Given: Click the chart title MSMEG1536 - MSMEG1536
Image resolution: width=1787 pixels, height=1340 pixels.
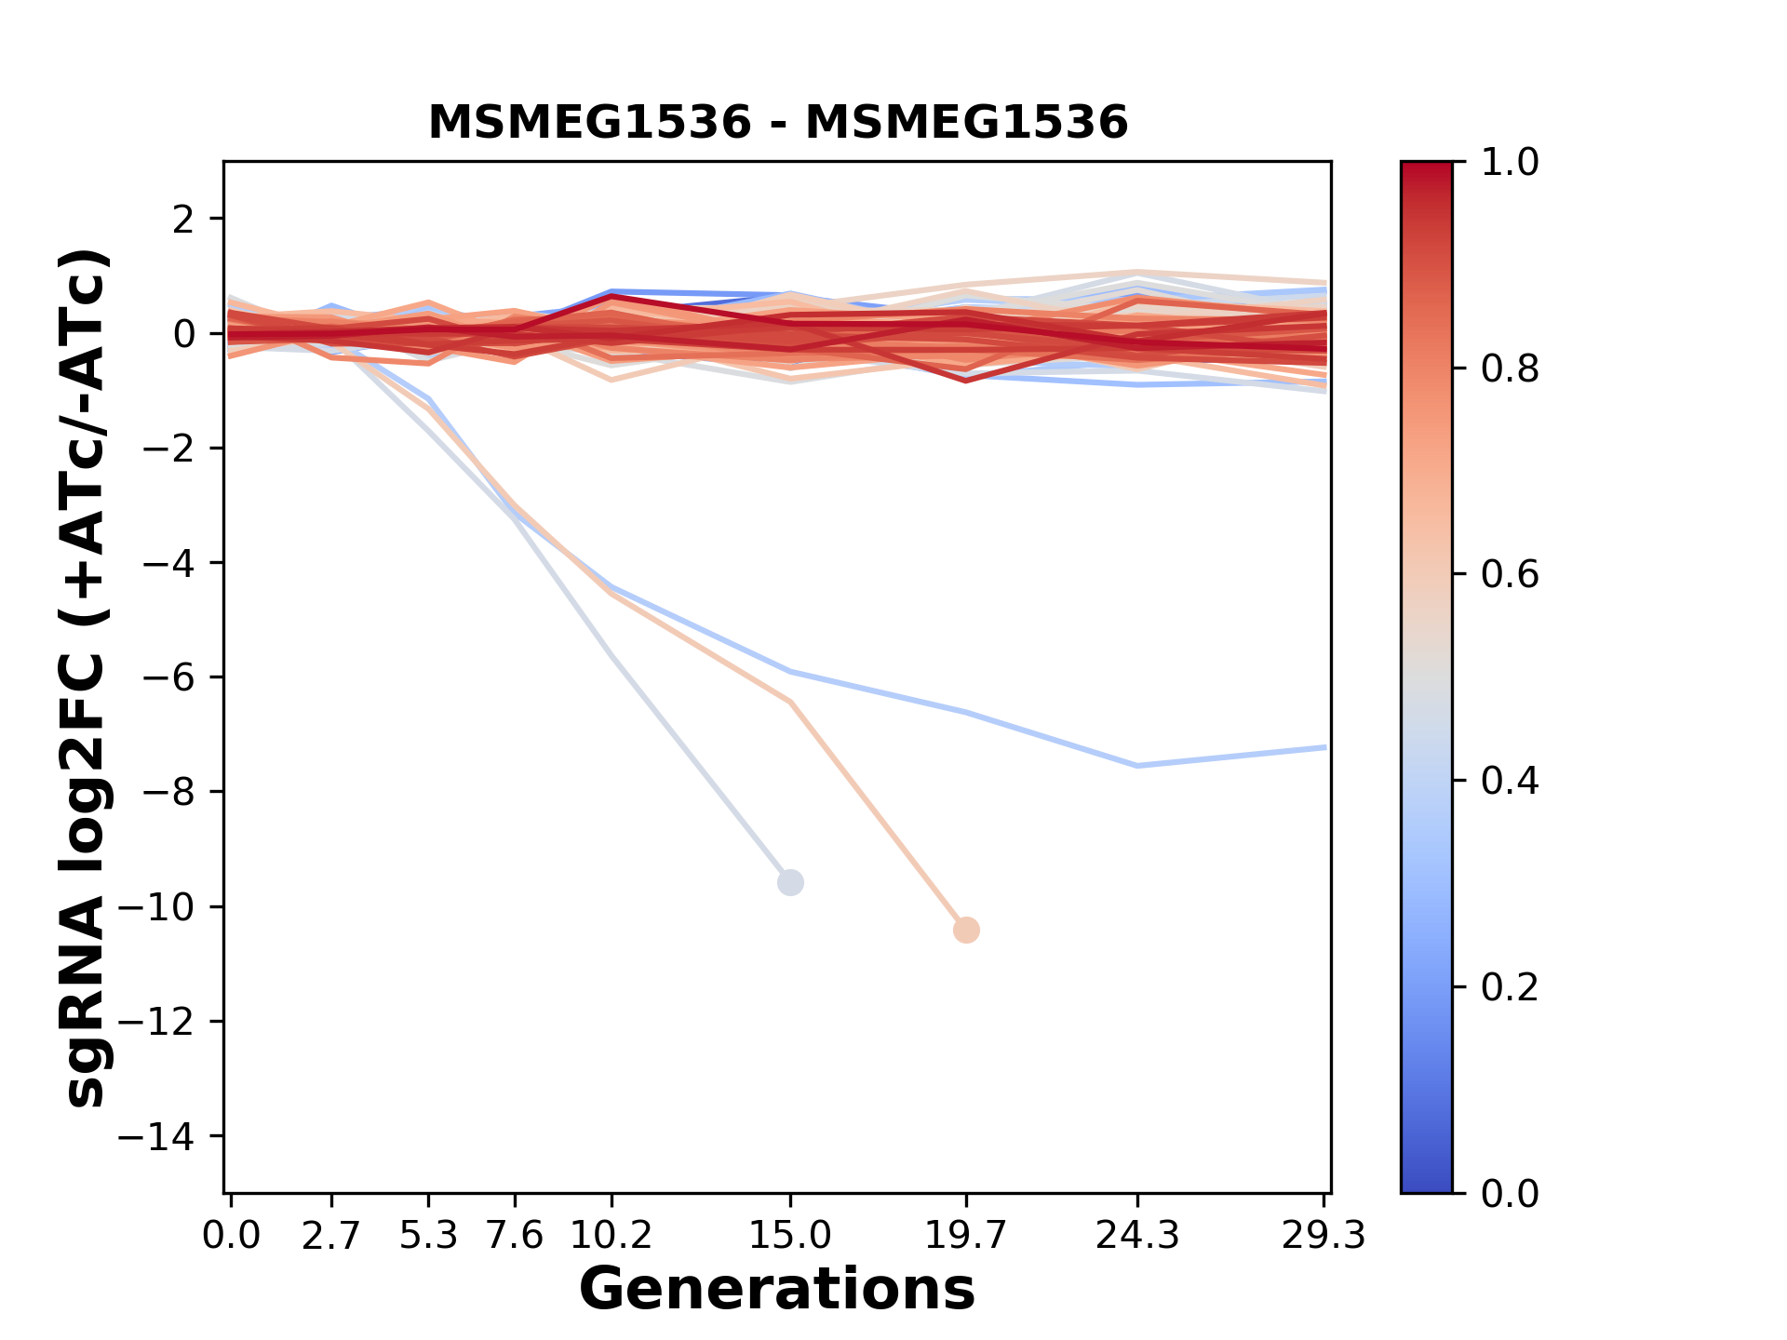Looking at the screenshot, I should (x=778, y=123).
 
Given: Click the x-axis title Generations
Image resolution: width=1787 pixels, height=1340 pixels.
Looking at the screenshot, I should (x=777, y=1290).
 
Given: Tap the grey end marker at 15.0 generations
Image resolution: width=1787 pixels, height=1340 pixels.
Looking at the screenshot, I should (x=790, y=882).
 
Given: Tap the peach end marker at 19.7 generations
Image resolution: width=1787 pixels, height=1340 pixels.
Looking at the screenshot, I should (x=966, y=930).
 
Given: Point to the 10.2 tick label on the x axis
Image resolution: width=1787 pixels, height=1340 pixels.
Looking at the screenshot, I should (x=611, y=1236).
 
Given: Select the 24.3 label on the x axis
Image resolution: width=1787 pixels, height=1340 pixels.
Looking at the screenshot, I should (x=1136, y=1236).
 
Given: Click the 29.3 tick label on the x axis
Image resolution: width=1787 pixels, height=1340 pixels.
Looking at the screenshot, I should (x=1323, y=1236).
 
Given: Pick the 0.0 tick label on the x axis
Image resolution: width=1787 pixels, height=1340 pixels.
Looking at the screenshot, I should (x=231, y=1236).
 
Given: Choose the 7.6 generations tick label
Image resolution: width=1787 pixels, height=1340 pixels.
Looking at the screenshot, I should (x=515, y=1236).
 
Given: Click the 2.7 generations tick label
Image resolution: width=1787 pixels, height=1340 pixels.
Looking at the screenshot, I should (x=331, y=1236).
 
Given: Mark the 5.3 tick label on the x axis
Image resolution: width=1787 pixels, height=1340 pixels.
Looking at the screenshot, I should (x=428, y=1236).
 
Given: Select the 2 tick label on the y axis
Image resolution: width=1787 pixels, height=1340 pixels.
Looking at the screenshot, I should (x=184, y=220).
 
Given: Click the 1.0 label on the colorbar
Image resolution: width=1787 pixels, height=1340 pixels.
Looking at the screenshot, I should (x=1510, y=163).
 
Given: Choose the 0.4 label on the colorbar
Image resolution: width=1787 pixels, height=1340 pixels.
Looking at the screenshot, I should (x=1510, y=781).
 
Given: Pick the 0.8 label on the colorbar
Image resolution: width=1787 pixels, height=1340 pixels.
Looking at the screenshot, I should (x=1510, y=369).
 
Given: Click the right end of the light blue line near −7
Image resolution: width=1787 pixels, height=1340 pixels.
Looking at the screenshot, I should (x=1324, y=747).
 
